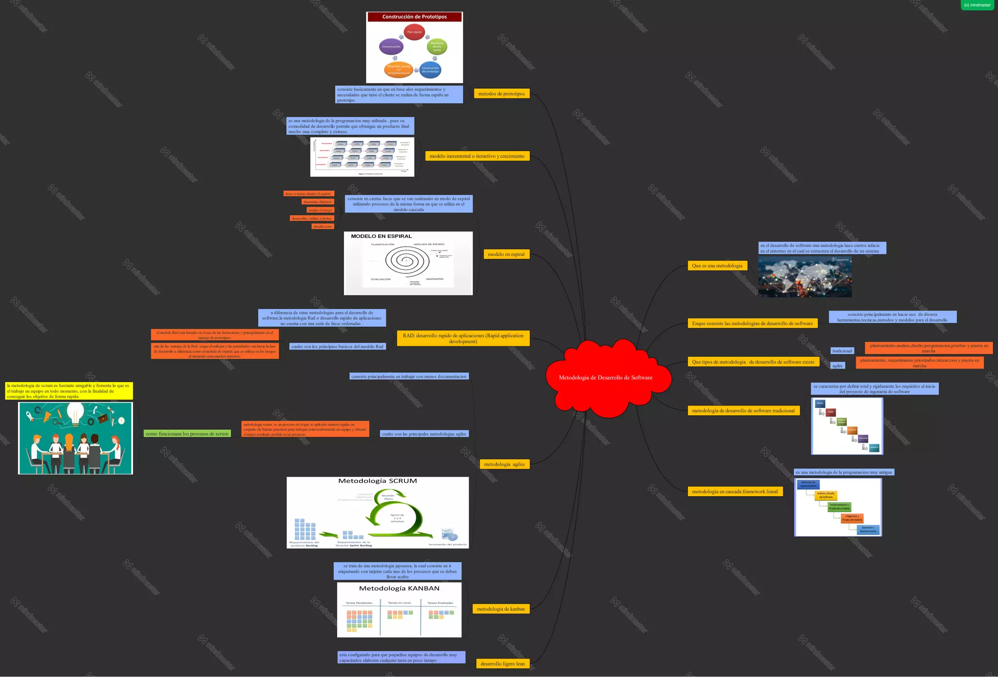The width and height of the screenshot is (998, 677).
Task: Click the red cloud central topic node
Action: (606, 378)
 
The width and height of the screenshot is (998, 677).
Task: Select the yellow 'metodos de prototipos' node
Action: (501, 94)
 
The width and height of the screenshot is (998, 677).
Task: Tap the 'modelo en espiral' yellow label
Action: (506, 254)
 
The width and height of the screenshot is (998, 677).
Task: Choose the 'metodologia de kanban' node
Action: (500, 609)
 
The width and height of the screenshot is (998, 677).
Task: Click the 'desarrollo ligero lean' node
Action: (502, 663)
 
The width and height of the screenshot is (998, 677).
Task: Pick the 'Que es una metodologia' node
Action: (717, 266)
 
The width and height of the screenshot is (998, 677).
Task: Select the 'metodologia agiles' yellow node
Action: (504, 464)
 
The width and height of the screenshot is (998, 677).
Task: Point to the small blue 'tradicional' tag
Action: (842, 351)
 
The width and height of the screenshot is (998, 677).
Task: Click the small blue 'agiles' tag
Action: (837, 366)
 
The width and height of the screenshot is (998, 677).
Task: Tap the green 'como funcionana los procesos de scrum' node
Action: (187, 434)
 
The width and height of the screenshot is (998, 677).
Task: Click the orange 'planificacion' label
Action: (323, 227)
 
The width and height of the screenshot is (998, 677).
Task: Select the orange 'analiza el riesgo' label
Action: (320, 210)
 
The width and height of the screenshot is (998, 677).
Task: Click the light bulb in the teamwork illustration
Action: (76, 414)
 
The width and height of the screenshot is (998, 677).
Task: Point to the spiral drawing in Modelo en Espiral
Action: (407, 261)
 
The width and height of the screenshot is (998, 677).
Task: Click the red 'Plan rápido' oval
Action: (414, 32)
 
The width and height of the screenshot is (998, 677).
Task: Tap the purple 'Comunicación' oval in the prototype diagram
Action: (391, 47)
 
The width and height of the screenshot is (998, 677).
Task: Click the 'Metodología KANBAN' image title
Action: (399, 588)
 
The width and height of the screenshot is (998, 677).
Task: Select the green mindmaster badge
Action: (977, 5)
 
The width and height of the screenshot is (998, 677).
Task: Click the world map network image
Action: (805, 277)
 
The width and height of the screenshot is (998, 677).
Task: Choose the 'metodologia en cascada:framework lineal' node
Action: (734, 491)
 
